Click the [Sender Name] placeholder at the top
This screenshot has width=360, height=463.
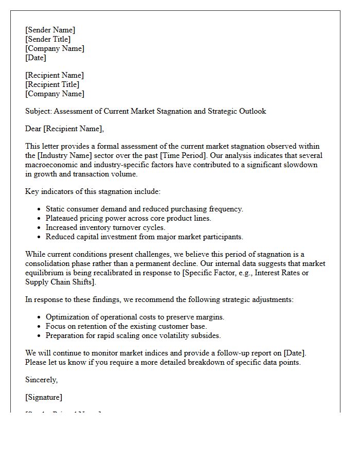50,30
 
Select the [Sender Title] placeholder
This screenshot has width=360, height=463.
48,39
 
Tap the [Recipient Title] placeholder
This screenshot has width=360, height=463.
52,84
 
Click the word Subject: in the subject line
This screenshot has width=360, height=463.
39,111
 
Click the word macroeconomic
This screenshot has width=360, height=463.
49,165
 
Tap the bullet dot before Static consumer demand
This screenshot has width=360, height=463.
39,209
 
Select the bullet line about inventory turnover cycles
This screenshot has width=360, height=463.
105,227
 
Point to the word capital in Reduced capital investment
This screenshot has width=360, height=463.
88,237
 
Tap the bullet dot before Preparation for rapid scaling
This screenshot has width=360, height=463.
39,336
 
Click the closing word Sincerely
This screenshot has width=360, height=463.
42,380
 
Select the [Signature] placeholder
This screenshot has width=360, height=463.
44,397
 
